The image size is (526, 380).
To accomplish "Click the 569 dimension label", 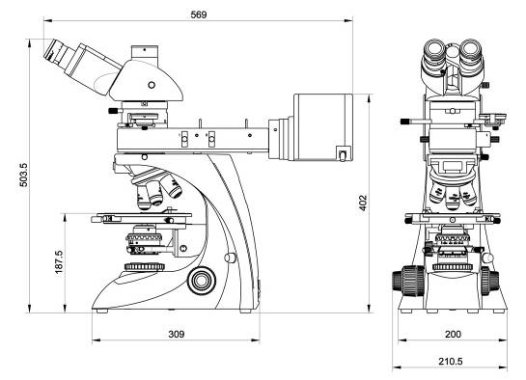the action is [x=199, y=14].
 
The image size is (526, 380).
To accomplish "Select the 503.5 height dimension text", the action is [x=24, y=175].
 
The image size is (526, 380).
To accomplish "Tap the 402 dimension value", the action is [x=363, y=203].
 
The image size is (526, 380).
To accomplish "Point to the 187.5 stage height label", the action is [x=59, y=262].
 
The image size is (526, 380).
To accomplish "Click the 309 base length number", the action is [x=176, y=334].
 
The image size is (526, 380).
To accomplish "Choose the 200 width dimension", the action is [x=453, y=334].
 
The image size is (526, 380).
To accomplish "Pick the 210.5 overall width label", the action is [x=451, y=362].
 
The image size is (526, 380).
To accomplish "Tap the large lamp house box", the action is [x=323, y=127].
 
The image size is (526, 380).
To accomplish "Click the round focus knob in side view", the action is [x=202, y=281].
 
